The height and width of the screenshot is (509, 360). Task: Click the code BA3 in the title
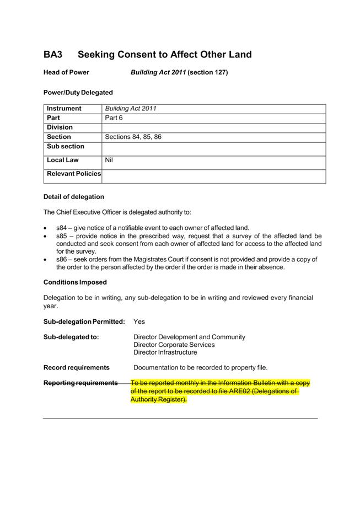click(x=53, y=55)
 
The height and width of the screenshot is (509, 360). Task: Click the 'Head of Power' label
click(x=66, y=72)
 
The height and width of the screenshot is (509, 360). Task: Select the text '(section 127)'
click(x=208, y=72)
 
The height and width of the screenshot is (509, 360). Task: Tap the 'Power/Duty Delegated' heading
click(x=78, y=93)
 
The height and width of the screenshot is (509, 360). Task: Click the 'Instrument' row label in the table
click(x=64, y=109)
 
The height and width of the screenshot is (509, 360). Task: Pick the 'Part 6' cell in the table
click(x=114, y=118)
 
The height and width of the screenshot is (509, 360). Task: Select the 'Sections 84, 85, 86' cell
click(x=133, y=137)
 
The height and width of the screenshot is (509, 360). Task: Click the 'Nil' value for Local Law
click(x=109, y=160)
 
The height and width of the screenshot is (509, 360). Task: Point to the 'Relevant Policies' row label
click(x=74, y=174)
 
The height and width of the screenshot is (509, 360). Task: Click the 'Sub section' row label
click(x=66, y=146)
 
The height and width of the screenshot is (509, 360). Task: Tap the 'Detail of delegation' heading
click(x=73, y=197)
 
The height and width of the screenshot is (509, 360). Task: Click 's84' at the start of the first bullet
click(x=62, y=228)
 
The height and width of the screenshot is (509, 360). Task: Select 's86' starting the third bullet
click(x=62, y=259)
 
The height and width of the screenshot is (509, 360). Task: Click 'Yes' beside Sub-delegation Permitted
click(x=139, y=321)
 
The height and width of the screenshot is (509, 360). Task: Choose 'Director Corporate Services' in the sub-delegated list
click(x=174, y=345)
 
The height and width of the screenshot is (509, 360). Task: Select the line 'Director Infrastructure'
click(x=165, y=352)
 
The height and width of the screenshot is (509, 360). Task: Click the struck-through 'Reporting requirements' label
click(x=80, y=383)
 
